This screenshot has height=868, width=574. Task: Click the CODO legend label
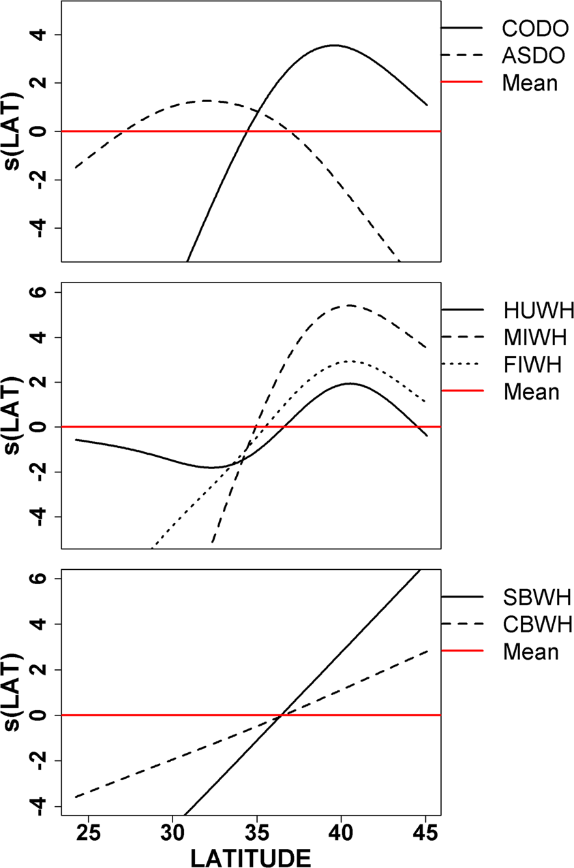click(534, 29)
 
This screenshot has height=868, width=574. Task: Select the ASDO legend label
click(533, 56)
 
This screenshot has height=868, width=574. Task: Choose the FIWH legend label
click(532, 365)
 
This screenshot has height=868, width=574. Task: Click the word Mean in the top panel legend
click(530, 83)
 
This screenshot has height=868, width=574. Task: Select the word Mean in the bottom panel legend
click(530, 652)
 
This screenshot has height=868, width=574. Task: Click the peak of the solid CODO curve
click(333, 46)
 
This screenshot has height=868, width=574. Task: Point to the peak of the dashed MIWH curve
click(349, 306)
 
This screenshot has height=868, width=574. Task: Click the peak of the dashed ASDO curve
click(206, 101)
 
